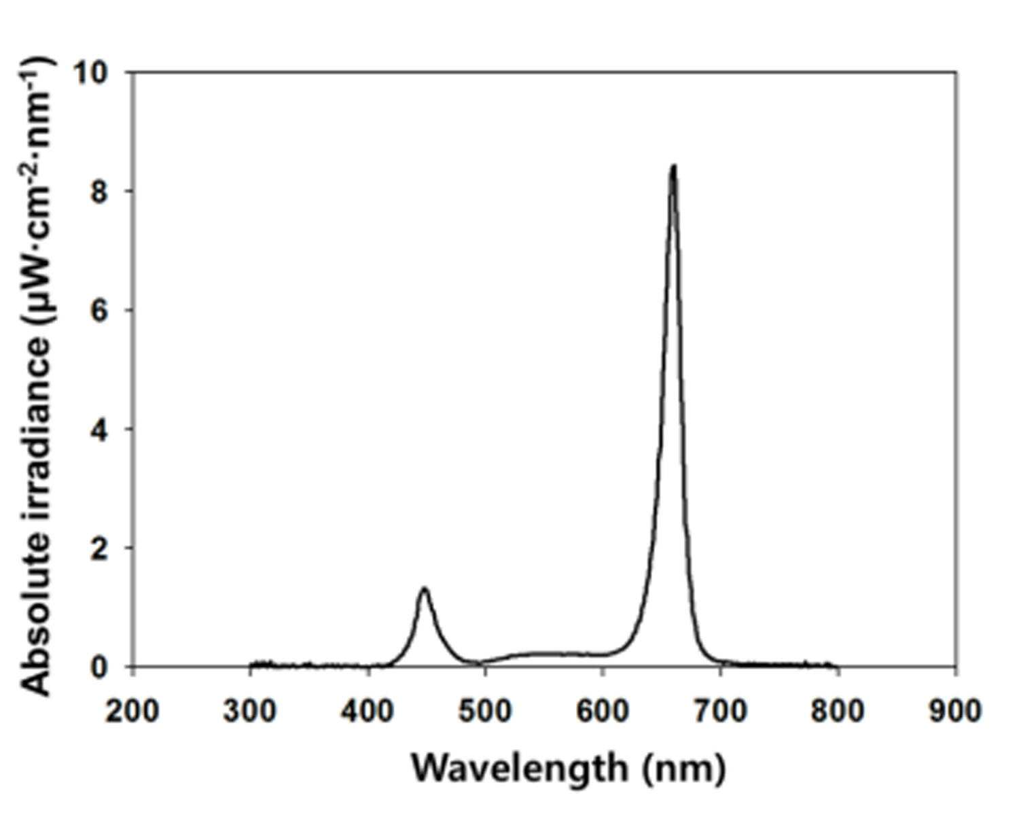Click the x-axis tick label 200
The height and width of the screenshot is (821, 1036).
click(x=132, y=712)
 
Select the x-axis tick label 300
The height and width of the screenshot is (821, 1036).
click(x=250, y=712)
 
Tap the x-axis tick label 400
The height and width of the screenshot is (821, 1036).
click(x=368, y=712)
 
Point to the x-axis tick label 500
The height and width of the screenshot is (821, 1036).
click(x=485, y=712)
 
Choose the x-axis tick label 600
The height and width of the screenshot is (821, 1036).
click(x=603, y=712)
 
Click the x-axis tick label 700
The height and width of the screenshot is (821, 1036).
click(x=721, y=712)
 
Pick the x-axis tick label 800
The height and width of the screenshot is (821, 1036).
click(x=838, y=712)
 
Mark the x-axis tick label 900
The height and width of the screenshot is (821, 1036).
click(x=956, y=712)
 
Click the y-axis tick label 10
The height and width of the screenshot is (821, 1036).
click(x=91, y=73)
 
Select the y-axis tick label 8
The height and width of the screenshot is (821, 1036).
click(x=101, y=191)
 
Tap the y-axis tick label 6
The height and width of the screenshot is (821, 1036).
click(x=101, y=310)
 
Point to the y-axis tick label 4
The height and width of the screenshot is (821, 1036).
click(x=101, y=429)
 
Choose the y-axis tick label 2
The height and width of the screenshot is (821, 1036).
click(x=101, y=548)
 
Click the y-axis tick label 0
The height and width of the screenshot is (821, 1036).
click(x=101, y=667)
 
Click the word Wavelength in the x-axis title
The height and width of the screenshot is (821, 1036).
click(x=520, y=769)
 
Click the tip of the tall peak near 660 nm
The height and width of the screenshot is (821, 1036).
click(x=674, y=167)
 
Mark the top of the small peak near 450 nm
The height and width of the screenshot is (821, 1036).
click(x=425, y=589)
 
